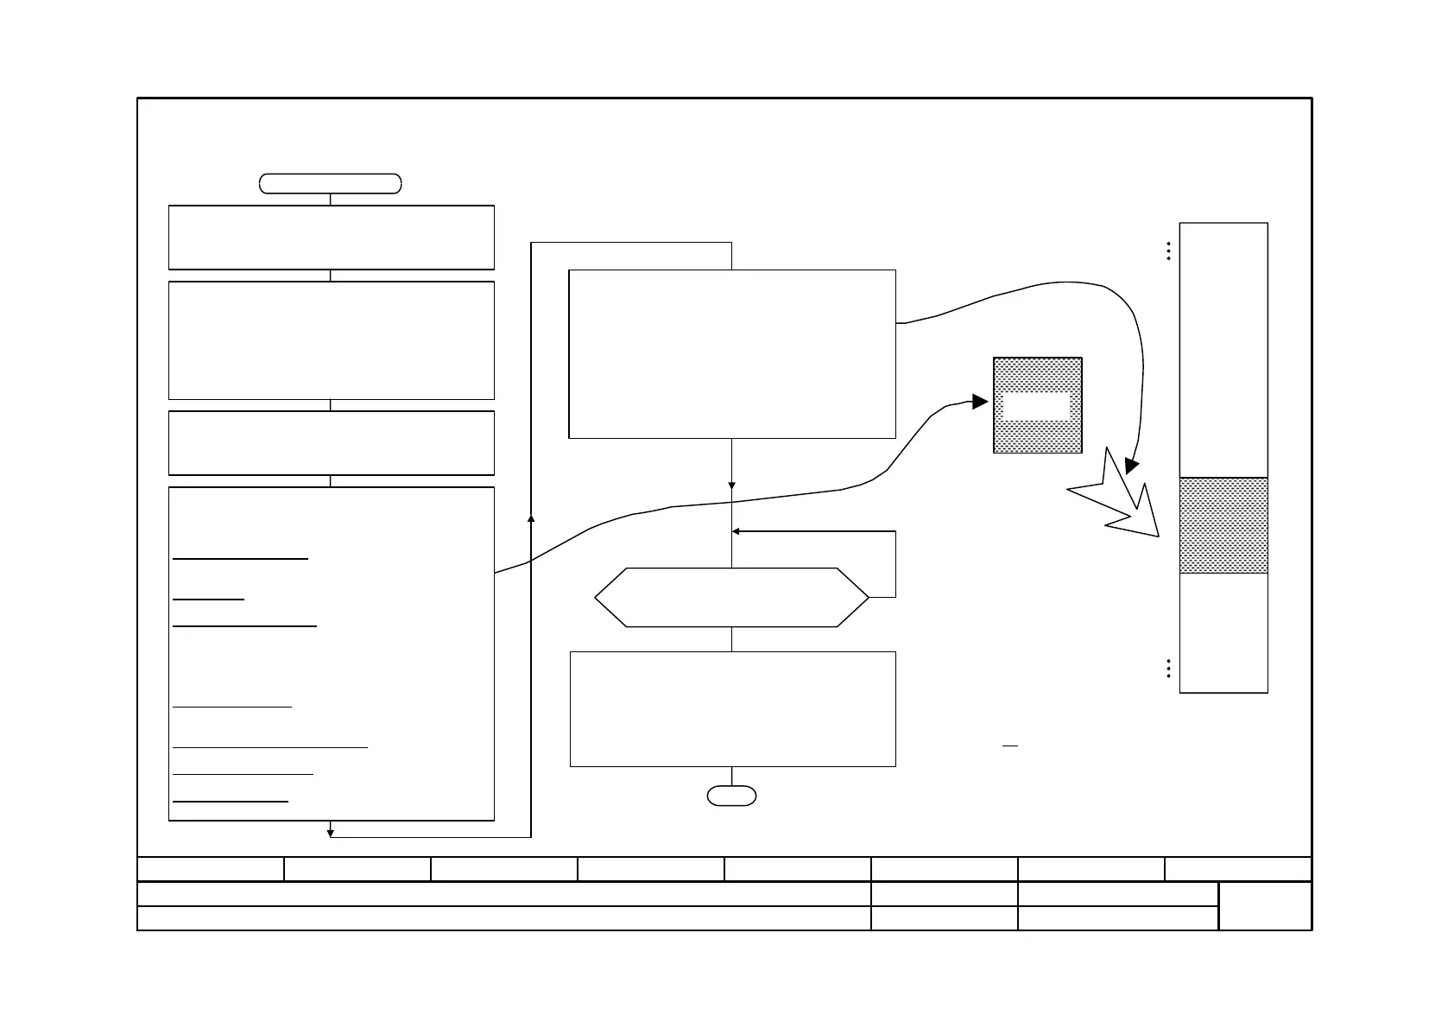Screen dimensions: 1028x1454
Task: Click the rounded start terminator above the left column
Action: [330, 183]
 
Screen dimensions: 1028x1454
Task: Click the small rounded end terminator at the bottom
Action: [731, 796]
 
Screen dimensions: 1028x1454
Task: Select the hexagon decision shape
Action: [731, 597]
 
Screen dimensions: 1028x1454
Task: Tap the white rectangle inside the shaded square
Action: [1036, 406]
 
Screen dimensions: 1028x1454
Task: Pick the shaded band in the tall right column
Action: [1223, 525]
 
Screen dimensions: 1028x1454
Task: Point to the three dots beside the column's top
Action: [1167, 251]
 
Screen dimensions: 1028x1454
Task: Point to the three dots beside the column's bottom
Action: [1167, 669]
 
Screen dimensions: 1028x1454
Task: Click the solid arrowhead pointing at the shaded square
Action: [979, 402]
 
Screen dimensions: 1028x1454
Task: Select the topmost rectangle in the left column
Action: [331, 238]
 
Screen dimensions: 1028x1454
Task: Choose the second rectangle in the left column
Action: [331, 339]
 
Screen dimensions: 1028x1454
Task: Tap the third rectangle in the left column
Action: [331, 443]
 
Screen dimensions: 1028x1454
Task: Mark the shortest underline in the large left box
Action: [208, 598]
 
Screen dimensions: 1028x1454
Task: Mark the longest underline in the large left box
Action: [269, 746]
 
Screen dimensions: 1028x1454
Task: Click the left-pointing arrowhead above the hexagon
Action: [736, 531]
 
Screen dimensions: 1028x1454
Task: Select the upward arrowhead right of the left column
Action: [530, 517]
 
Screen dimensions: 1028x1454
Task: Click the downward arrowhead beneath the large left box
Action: [330, 833]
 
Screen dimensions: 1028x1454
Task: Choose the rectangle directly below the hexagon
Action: [732, 709]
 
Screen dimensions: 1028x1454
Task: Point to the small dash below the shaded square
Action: [1009, 745]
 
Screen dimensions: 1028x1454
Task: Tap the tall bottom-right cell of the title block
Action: [1265, 905]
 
